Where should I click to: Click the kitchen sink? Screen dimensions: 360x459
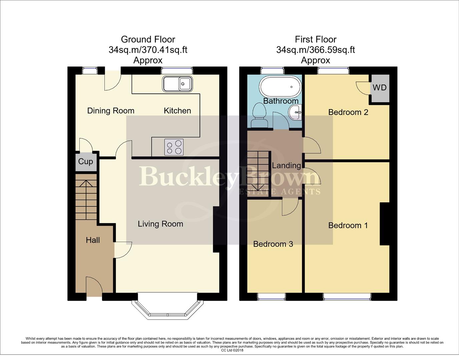pyautogui.click(x=177, y=84)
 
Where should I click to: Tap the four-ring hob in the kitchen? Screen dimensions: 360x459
pyautogui.click(x=174, y=147)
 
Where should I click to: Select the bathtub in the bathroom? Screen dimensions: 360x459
pyautogui.click(x=281, y=86)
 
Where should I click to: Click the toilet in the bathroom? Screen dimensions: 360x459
pyautogui.click(x=259, y=115)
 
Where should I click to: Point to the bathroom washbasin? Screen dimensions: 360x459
pyautogui.click(x=295, y=112)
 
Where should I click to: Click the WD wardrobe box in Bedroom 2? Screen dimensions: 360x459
pyautogui.click(x=380, y=88)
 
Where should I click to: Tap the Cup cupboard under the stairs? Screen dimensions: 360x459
pyautogui.click(x=86, y=162)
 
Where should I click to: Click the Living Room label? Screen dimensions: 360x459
pyautogui.click(x=160, y=224)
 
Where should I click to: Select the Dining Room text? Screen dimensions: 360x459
pyautogui.click(x=111, y=111)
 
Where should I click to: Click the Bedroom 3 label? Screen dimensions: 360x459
pyautogui.click(x=273, y=244)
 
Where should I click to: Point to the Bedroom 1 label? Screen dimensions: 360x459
pyautogui.click(x=348, y=225)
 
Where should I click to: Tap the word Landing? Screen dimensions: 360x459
pyautogui.click(x=286, y=165)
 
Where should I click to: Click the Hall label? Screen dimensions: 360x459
pyautogui.click(x=93, y=240)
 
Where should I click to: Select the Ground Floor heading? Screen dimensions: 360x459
pyautogui.click(x=148, y=39)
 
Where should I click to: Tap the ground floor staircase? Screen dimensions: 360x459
pyautogui.click(x=86, y=199)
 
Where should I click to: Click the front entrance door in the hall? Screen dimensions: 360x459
pyautogui.click(x=94, y=287)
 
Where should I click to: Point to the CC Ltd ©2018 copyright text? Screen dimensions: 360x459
pyautogui.click(x=232, y=350)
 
